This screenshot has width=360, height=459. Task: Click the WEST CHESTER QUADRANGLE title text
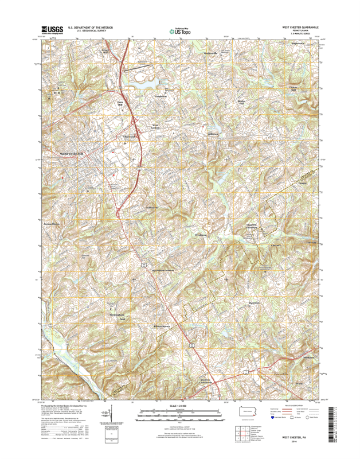point(299,27)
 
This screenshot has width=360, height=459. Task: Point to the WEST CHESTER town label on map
point(72,154)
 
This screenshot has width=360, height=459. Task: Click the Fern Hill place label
point(120,104)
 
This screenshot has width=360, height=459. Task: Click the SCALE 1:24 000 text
point(179,405)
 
